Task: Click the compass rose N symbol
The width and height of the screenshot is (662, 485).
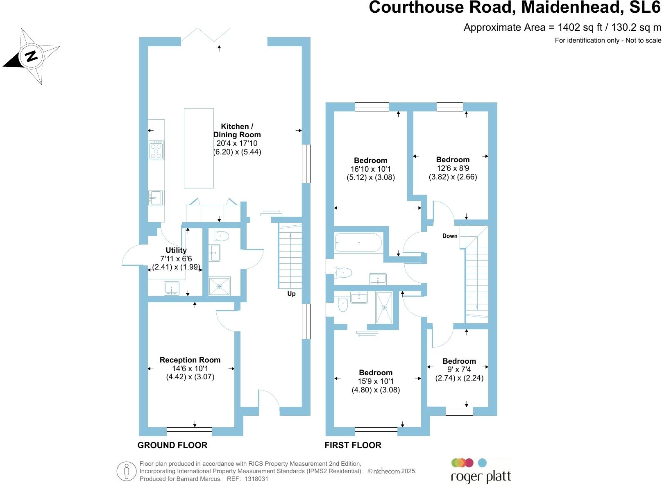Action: (31, 56)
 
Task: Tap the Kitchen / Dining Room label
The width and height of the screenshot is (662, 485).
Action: (237, 130)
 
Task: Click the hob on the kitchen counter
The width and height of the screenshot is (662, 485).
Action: (156, 150)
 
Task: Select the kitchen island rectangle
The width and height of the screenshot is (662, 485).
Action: (199, 148)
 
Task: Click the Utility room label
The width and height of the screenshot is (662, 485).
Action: (176, 250)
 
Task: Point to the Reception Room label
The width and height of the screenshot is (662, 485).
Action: (190, 360)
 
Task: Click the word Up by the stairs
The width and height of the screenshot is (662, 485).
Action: (291, 294)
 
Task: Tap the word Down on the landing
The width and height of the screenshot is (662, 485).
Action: (450, 236)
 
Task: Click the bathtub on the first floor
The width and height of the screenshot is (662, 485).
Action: (358, 242)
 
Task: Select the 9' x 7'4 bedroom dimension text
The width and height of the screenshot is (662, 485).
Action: (459, 369)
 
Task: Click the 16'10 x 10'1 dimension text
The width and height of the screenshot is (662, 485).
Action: (371, 169)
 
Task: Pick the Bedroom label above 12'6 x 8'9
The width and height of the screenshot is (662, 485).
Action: (453, 160)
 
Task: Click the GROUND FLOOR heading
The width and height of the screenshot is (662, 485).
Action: (172, 445)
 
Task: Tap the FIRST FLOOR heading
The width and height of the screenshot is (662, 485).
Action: (353, 445)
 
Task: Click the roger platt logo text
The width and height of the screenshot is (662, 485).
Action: (481, 477)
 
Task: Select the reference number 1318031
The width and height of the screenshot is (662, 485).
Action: (256, 478)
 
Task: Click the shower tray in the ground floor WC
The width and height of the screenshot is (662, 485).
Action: (220, 286)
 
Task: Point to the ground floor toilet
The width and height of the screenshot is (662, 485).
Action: (221, 236)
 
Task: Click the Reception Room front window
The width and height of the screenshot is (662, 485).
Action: (189, 432)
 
